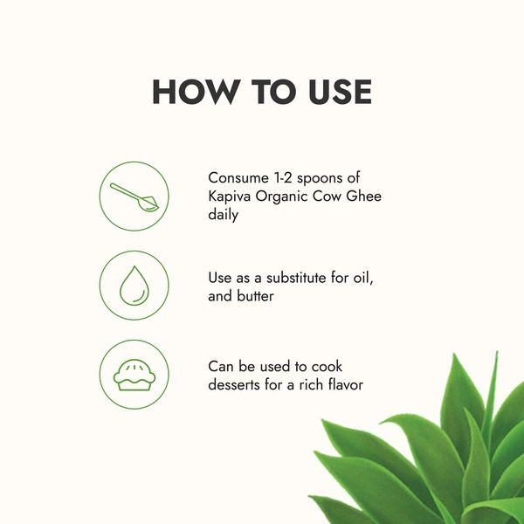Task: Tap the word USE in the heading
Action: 340,92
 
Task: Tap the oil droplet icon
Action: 134,286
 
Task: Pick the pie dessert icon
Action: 134,375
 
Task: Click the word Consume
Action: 238,178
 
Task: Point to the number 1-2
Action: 283,178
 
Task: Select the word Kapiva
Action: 229,196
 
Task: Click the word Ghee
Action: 363,196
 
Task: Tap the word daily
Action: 223,215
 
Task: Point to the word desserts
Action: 233,384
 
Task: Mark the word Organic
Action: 281,196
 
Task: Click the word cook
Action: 327,367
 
